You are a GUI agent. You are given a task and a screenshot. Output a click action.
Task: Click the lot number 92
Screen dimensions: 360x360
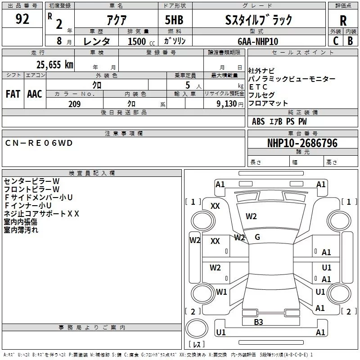[x=22, y=19]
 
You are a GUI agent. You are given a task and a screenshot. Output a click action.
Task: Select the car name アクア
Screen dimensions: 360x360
[x=117, y=20]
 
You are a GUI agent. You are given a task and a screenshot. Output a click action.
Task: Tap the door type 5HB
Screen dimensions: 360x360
[x=174, y=20]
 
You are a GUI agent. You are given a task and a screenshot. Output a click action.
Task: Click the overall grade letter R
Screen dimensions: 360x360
[x=343, y=21]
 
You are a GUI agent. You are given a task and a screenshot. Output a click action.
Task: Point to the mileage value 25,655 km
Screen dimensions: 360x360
[x=54, y=65]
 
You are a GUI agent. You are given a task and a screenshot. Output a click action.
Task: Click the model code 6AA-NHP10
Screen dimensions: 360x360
[x=258, y=41]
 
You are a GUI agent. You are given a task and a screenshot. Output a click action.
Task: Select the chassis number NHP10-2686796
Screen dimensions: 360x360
[x=302, y=143]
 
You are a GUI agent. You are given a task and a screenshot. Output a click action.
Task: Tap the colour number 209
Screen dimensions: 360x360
[x=74, y=104]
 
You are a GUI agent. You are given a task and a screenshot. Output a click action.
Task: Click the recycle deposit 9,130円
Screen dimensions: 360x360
[x=230, y=104]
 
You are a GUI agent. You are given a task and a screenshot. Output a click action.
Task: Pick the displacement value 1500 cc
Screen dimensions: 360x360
[x=141, y=41]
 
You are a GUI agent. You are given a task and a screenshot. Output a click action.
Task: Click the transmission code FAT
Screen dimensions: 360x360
[x=13, y=94]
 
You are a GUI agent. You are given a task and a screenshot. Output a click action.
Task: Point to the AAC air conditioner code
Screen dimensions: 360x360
[x=35, y=94]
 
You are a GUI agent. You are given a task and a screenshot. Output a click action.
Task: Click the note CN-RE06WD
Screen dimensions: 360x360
[x=39, y=143]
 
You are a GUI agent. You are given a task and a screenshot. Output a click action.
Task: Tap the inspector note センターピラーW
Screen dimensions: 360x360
[x=31, y=181]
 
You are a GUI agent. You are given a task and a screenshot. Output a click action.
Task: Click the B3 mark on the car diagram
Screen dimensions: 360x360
[x=258, y=322]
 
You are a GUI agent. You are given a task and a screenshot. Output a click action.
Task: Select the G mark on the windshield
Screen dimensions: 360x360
[x=257, y=237]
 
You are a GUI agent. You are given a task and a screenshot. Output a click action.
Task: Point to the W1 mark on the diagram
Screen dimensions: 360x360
[x=221, y=292]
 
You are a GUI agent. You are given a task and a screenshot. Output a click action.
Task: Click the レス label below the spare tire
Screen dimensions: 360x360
[x=197, y=344]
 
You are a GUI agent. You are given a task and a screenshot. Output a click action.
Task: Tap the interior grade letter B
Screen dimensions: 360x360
[x=350, y=41]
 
